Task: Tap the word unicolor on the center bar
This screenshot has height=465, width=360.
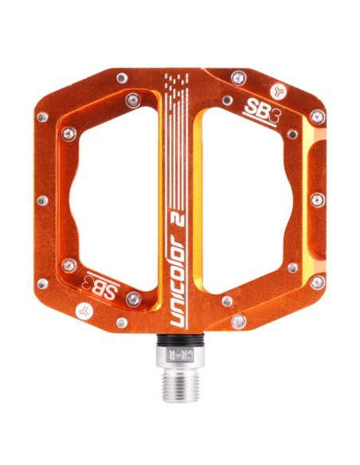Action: click(178, 279)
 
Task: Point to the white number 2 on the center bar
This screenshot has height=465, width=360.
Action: click(178, 217)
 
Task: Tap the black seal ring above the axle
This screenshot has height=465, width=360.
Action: click(180, 338)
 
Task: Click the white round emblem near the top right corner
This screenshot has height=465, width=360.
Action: click(279, 91)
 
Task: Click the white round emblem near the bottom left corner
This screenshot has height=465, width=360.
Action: click(84, 311)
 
